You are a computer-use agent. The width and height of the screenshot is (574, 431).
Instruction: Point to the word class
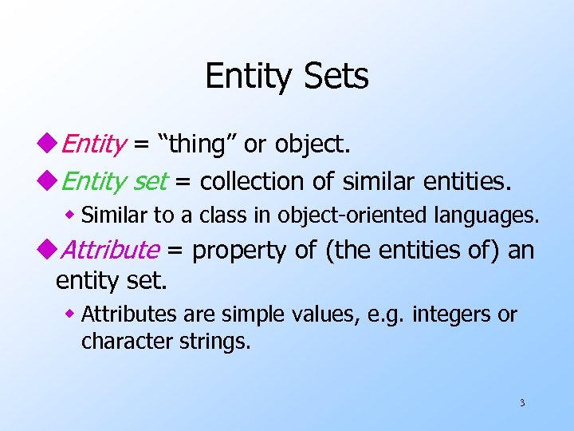(205, 215)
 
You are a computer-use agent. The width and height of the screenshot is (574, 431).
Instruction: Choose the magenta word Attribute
(110, 250)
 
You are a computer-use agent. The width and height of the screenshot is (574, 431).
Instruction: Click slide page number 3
(522, 402)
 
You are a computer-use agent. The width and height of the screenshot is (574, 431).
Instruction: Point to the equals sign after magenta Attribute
(176, 251)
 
